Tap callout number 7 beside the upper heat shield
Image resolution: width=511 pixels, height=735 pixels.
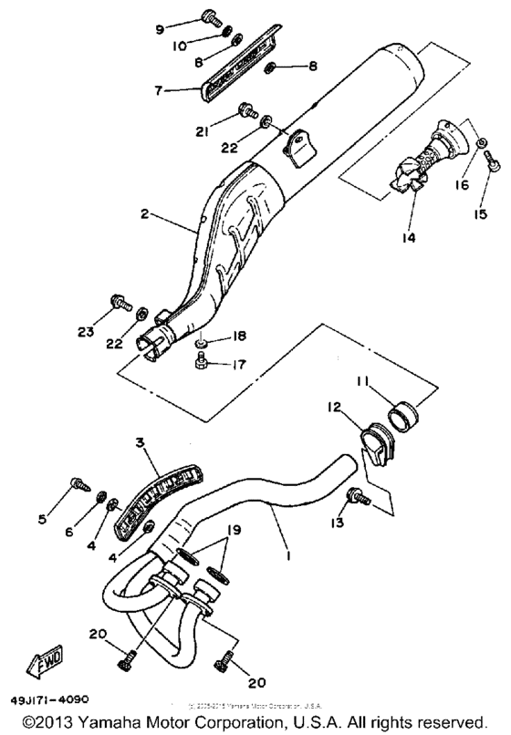[x=159, y=91]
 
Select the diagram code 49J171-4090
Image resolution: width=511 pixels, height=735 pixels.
[x=51, y=700]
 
